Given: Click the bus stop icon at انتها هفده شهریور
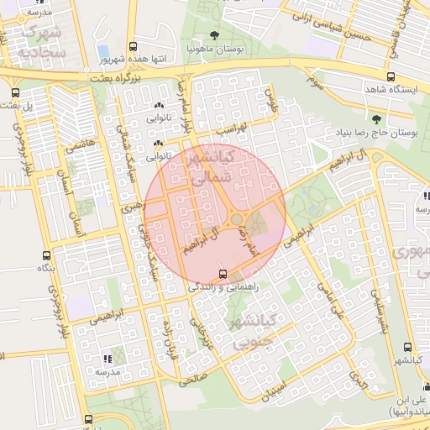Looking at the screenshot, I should coord(132,47).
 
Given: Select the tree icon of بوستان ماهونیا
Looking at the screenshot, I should coord(214,35).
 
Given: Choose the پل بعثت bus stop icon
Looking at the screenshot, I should coord(15,92).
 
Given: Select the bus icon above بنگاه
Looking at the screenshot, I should coord(45,255).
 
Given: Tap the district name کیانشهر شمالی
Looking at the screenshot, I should coord(218,167).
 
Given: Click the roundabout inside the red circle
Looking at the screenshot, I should coord(238,219).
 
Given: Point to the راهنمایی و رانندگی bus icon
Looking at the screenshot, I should coord(223,274).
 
